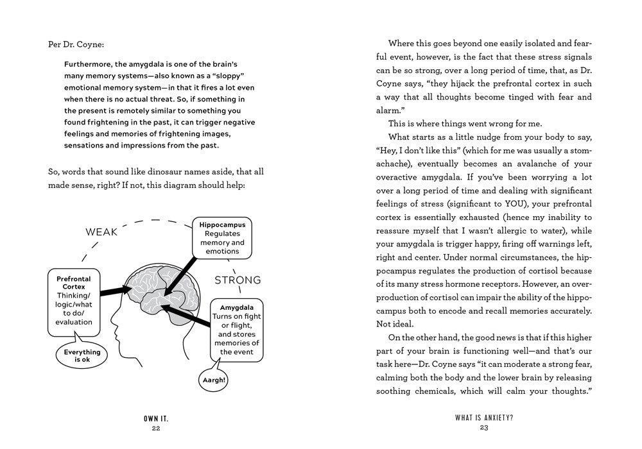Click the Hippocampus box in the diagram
(x=222, y=238)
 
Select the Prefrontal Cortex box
(x=73, y=301)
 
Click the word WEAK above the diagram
(x=101, y=232)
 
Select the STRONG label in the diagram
(x=238, y=280)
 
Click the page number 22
(x=156, y=428)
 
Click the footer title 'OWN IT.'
(x=156, y=418)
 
